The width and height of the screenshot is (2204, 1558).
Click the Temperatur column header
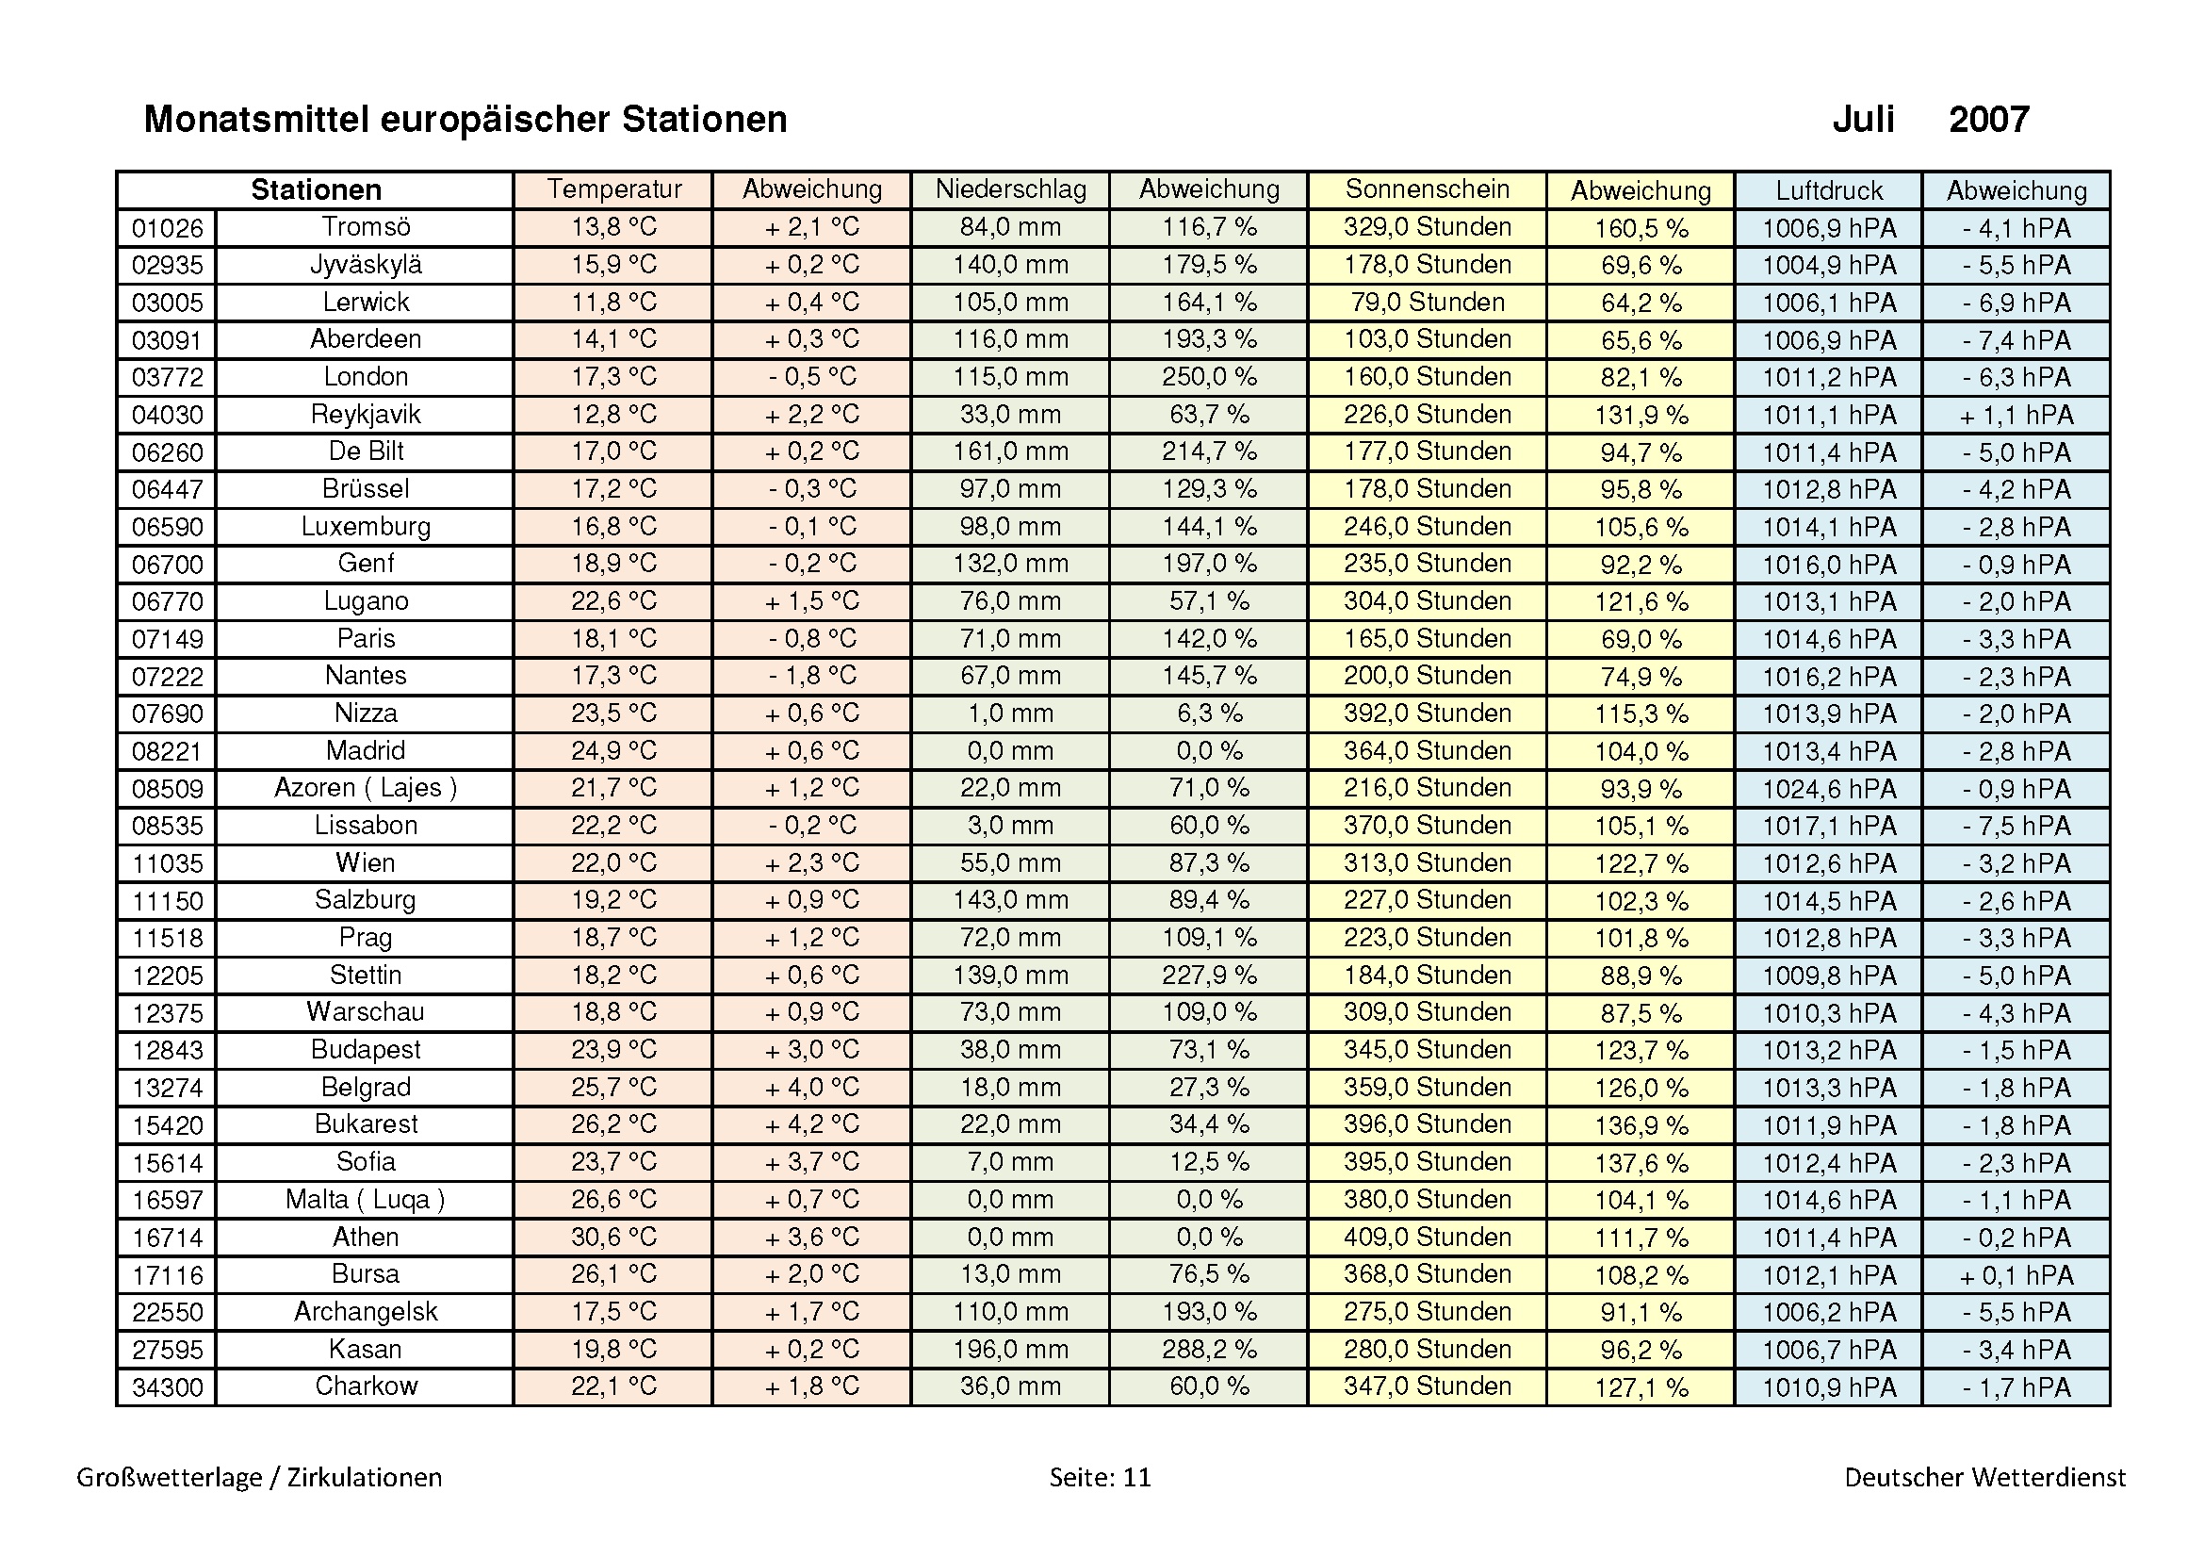[x=613, y=189]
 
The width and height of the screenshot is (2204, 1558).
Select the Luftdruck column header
[x=1828, y=190]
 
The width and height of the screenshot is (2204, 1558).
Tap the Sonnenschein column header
[x=1427, y=189]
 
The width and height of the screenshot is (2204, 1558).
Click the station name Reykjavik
[x=366, y=414]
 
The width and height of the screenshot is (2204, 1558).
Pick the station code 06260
[x=167, y=452]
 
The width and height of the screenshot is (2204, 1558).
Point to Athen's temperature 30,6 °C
[x=613, y=1237]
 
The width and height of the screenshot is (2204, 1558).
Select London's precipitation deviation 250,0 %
[x=1209, y=376]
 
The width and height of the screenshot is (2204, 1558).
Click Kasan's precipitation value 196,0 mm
[x=1010, y=1349]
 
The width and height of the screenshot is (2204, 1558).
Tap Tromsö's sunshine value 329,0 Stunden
[x=1427, y=227]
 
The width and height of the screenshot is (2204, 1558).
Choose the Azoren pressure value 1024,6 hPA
[x=1828, y=788]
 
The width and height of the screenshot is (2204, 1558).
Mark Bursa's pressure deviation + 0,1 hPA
[x=2016, y=1275]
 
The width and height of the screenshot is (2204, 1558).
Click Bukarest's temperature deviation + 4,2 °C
[x=811, y=1124]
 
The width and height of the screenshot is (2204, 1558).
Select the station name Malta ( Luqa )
[x=366, y=1199]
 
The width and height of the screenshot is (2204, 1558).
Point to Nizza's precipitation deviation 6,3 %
[x=1209, y=713]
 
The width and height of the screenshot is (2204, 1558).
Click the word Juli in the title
[x=1862, y=120]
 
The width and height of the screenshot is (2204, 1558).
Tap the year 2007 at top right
[x=1988, y=120]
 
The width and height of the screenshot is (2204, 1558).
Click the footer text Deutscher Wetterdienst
[x=1984, y=1476]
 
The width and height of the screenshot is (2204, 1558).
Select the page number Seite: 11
[x=1099, y=1476]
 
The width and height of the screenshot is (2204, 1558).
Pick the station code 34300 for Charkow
[x=167, y=1387]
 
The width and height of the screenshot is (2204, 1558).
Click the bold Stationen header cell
[x=316, y=190]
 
